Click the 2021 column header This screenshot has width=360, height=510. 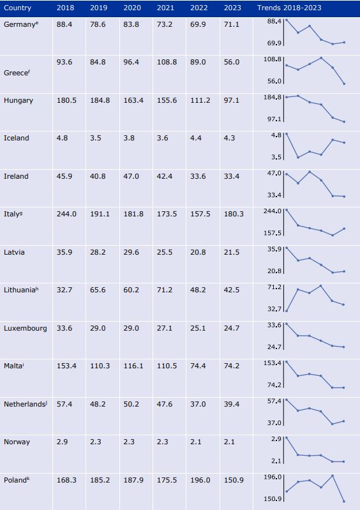pyautogui.click(x=165, y=8)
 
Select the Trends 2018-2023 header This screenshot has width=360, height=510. pyautogui.click(x=289, y=8)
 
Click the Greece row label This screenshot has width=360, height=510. pyautogui.click(x=17, y=73)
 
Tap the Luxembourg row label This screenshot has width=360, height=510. pyautogui.click(x=26, y=328)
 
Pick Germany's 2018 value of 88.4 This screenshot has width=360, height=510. pyautogui.click(x=64, y=24)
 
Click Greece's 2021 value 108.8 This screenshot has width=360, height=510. pyautogui.click(x=167, y=62)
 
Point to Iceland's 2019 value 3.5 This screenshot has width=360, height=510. pyautogui.click(x=96, y=138)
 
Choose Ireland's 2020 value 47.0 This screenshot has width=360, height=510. pyautogui.click(x=131, y=176)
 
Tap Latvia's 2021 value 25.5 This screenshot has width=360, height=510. pyautogui.click(x=165, y=252)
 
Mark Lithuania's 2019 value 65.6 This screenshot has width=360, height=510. pyautogui.click(x=98, y=290)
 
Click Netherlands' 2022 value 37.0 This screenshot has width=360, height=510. pyautogui.click(x=199, y=404)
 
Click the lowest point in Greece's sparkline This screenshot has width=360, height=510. pyautogui.click(x=344, y=84)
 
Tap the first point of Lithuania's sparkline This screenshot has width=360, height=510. pyautogui.click(x=287, y=311)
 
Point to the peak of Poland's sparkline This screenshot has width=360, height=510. pyautogui.click(x=333, y=476)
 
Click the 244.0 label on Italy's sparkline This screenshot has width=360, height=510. pyautogui.click(x=273, y=211)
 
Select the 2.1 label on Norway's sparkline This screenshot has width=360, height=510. pyautogui.click(x=276, y=461)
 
